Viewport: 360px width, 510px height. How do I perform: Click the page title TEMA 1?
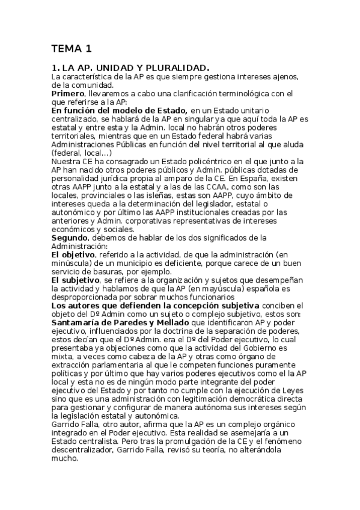(71, 48)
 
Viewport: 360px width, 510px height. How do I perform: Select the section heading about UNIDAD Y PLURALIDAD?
(130, 68)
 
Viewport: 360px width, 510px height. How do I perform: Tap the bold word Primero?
(67, 94)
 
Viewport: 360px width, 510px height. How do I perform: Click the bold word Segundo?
(69, 238)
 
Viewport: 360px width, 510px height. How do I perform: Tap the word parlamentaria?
(130, 364)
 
